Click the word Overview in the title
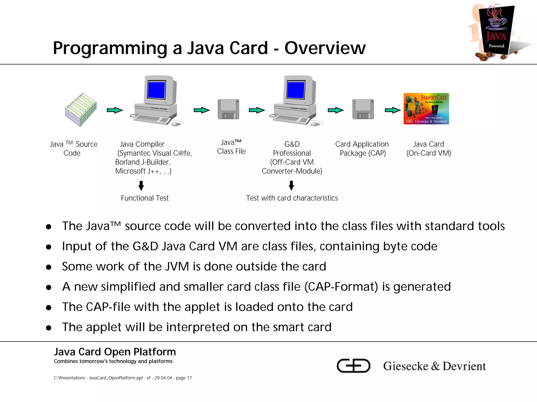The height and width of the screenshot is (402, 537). pos(325,48)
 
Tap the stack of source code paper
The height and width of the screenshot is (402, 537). pos(81,110)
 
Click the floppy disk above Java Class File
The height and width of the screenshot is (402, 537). pos(228,109)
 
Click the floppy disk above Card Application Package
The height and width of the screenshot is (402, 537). pos(363,109)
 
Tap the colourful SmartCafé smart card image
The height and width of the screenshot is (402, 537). pos(426,109)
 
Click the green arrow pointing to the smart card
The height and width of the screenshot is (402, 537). pos(393,110)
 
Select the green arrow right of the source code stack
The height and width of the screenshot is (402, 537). pos(115,110)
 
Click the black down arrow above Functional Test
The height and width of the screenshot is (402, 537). pos(141,186)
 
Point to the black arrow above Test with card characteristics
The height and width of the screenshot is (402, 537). pos(291,186)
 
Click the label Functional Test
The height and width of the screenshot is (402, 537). pos(145,198)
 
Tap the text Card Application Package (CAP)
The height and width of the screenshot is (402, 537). pos(362,149)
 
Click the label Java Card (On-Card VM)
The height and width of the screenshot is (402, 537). pos(429,149)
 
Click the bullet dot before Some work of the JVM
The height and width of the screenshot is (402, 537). pos(49,267)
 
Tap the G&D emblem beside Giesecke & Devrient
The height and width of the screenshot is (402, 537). pos(353,366)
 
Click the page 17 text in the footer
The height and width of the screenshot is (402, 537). pos(184,378)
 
